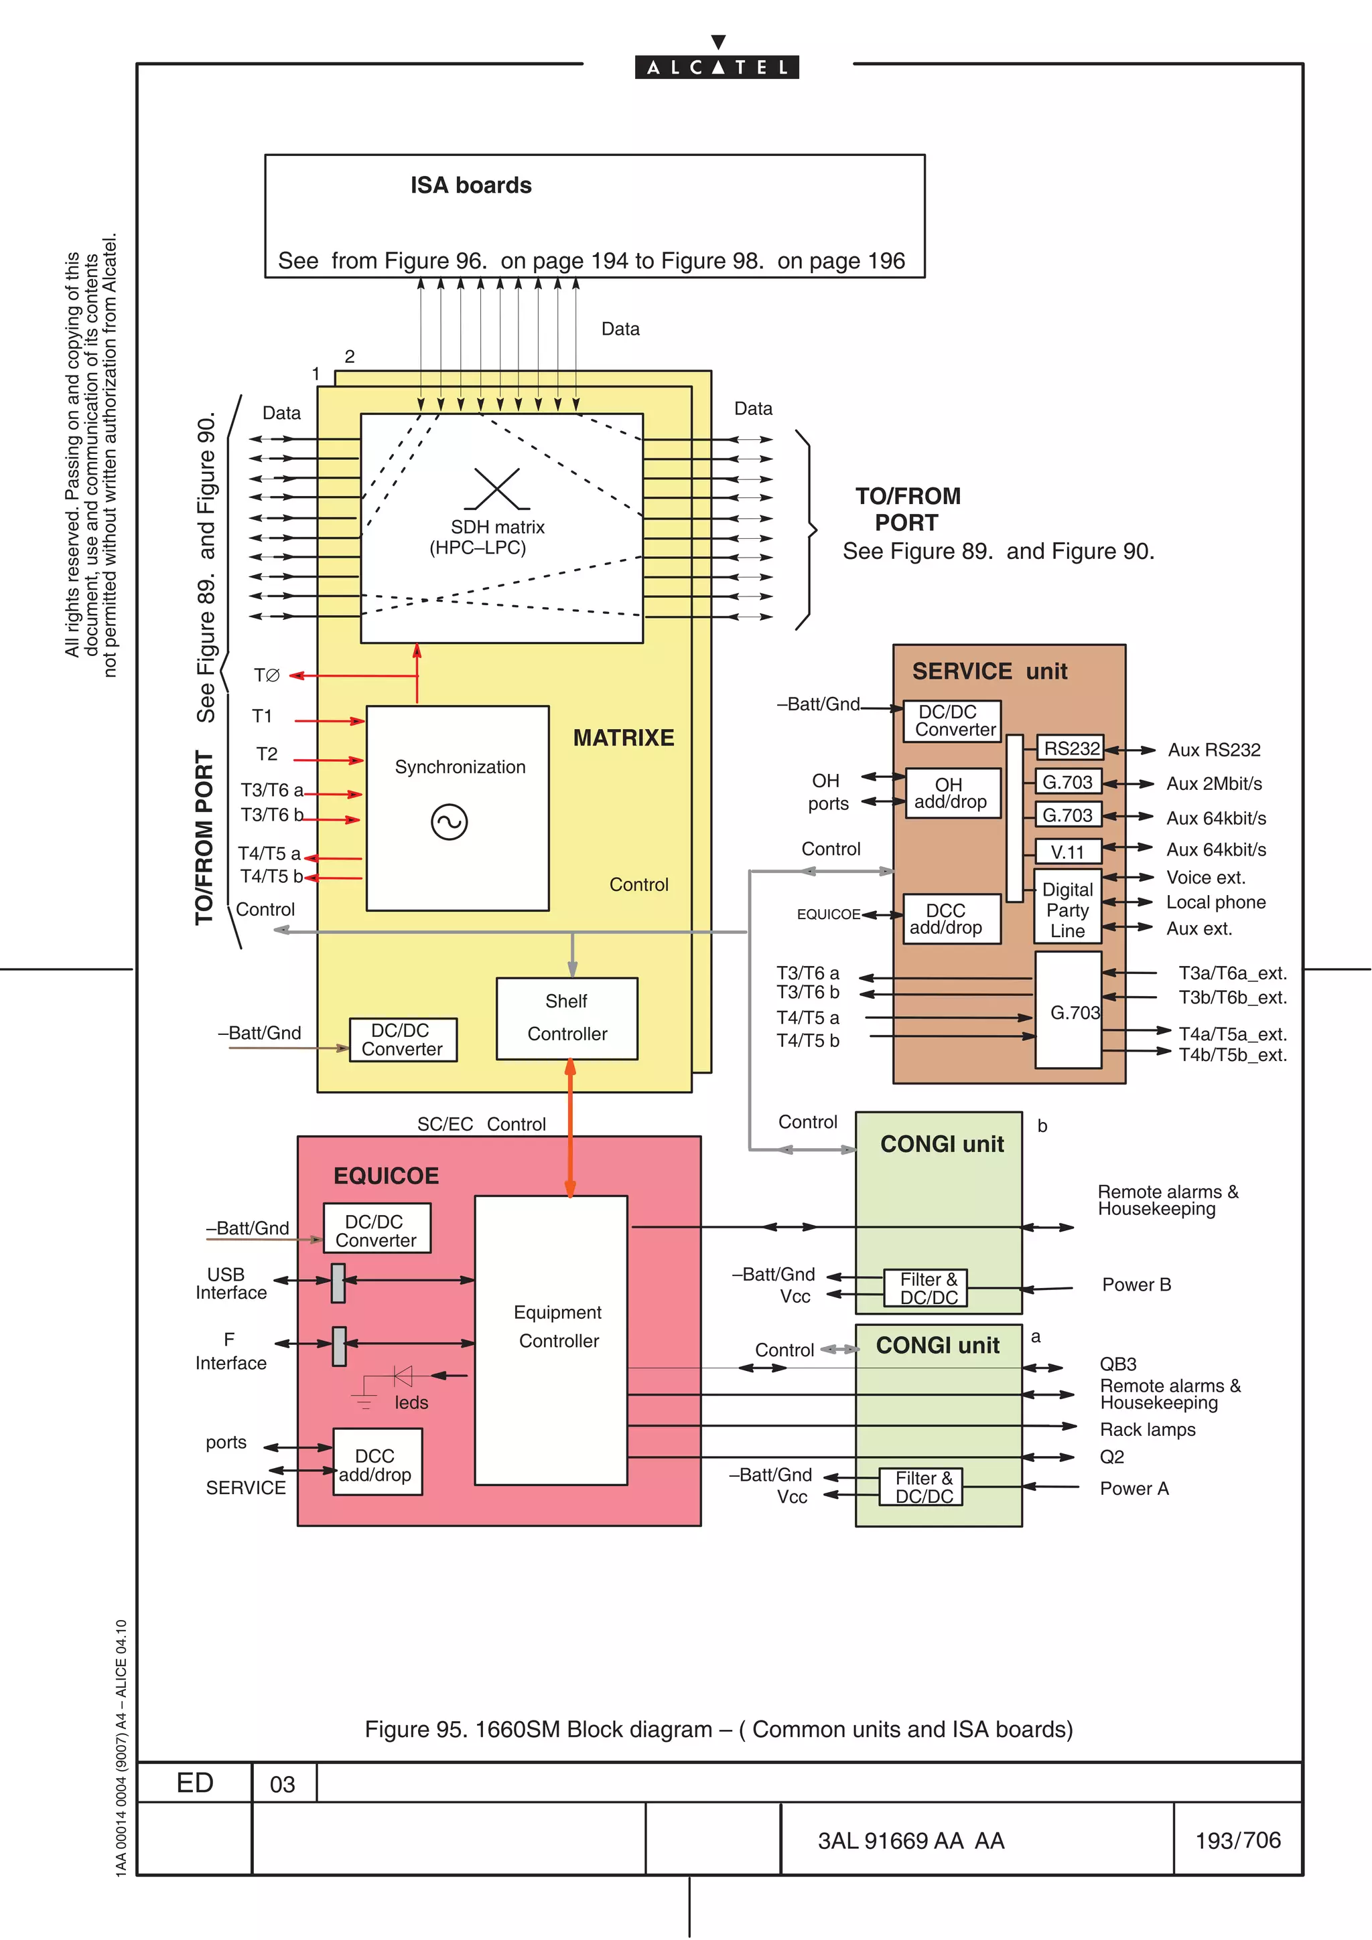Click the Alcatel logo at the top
point(717,66)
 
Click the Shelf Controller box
point(566,1018)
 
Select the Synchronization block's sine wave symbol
point(449,821)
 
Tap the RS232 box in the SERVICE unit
point(1071,748)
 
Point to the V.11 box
point(1069,851)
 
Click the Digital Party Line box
point(1068,909)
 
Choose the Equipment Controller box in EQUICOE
point(551,1340)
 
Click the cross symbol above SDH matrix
point(497,489)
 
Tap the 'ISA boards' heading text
point(471,186)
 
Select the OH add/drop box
point(953,793)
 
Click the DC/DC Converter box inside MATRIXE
point(403,1039)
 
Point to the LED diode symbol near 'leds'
point(403,1376)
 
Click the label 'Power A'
point(1134,1488)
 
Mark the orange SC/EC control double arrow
point(571,1128)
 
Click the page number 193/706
point(1237,1840)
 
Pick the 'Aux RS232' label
point(1214,750)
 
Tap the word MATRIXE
point(623,738)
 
